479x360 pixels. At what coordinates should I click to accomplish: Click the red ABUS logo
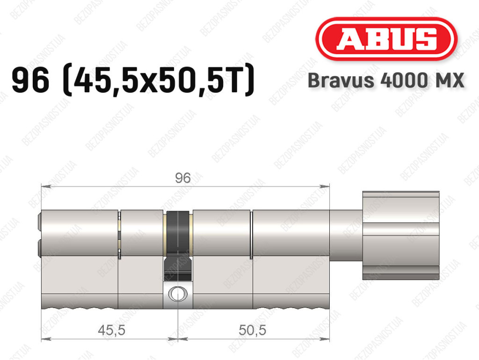(x=386, y=39)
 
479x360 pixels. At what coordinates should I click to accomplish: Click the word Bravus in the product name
(x=341, y=81)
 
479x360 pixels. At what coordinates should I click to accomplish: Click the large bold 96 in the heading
(x=30, y=81)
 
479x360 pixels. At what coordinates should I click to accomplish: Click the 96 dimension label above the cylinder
(x=183, y=178)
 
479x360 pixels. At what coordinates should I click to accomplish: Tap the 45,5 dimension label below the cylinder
(x=111, y=330)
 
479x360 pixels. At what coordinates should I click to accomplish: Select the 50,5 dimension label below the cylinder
(x=252, y=330)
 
